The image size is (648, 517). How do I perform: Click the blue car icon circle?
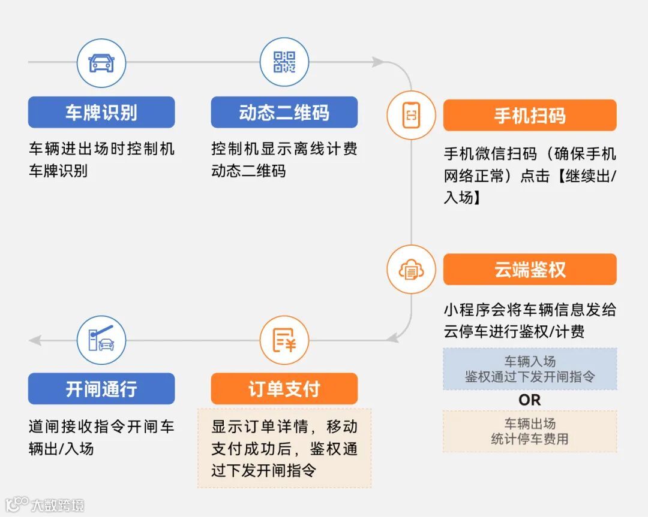tap(101, 62)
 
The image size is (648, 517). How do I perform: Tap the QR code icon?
tap(284, 62)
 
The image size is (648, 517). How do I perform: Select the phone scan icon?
tap(411, 115)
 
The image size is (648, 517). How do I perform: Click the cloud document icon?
tap(411, 270)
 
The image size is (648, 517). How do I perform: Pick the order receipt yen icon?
tap(284, 340)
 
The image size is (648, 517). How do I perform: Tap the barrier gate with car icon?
tap(101, 340)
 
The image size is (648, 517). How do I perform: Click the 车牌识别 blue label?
tap(101, 113)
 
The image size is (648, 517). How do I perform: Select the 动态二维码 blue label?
tap(284, 113)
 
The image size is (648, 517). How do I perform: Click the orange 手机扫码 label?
tap(530, 115)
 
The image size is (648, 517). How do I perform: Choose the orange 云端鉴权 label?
tap(530, 270)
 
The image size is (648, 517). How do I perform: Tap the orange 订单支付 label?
tap(284, 389)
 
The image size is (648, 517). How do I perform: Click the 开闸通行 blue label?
tap(101, 389)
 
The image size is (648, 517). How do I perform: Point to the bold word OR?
tap(529, 400)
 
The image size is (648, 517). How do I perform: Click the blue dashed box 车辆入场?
tap(530, 369)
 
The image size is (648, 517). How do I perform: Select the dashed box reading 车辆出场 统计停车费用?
tap(530, 431)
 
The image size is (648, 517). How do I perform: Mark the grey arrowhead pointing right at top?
tap(377, 62)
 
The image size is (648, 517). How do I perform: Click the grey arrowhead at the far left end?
tap(35, 340)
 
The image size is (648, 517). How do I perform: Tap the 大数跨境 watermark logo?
tap(45, 504)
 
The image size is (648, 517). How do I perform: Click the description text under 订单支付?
tap(284, 448)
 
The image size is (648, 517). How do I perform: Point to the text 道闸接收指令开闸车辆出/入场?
tap(101, 437)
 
